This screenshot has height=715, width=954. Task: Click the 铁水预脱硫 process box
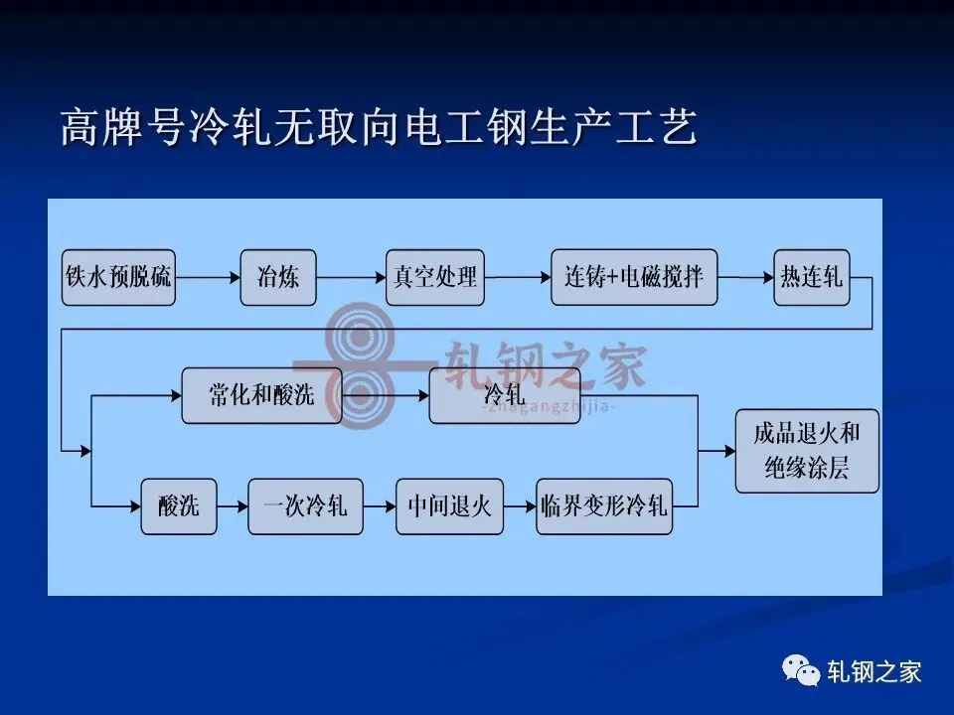click(x=117, y=277)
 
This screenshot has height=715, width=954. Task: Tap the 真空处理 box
click(x=434, y=277)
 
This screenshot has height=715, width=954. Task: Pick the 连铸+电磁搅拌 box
click(x=633, y=277)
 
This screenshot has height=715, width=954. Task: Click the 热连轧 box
click(x=811, y=277)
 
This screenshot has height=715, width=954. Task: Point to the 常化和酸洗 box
click(x=261, y=395)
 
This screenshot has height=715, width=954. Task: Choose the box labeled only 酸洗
click(x=178, y=506)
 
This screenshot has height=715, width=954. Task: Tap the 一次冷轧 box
click(x=305, y=506)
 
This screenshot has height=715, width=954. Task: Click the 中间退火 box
click(x=449, y=506)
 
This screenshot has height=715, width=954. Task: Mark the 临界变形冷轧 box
click(x=603, y=506)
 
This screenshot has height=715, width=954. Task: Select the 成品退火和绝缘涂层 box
click(x=807, y=450)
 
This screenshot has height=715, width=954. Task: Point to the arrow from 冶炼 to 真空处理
click(x=351, y=277)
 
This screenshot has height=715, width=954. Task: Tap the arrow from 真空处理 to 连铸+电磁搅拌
click(x=518, y=277)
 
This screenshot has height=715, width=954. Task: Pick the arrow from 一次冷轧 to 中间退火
click(x=379, y=506)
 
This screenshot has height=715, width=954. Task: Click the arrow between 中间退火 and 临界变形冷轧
click(x=520, y=506)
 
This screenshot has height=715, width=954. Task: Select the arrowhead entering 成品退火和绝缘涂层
click(x=728, y=450)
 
